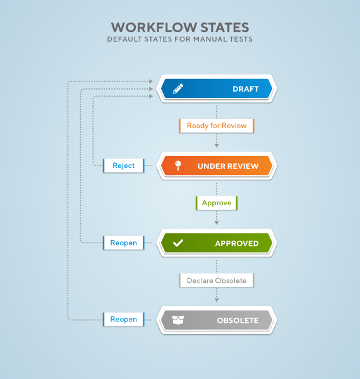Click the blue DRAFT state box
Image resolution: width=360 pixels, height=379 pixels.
coord(217,88)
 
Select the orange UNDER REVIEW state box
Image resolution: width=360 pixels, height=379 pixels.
coord(217,165)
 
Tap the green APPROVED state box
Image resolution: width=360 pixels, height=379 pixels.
coord(217,243)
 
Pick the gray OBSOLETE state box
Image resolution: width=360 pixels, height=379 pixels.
coord(217,320)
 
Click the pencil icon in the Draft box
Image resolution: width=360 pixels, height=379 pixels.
coord(178,88)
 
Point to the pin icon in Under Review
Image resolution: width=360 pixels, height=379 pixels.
coord(178,165)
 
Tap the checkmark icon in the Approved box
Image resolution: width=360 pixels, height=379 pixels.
coord(178,243)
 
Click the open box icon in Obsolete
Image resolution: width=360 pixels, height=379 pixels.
coord(178,320)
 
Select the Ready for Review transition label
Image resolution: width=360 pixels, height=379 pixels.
coord(217,126)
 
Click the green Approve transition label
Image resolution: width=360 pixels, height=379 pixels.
coord(217,203)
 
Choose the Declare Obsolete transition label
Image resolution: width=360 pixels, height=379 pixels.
coord(217,280)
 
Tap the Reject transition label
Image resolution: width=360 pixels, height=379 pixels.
coord(123,165)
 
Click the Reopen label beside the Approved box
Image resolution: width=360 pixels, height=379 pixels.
coord(123,243)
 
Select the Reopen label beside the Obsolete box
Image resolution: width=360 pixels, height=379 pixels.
coord(123,319)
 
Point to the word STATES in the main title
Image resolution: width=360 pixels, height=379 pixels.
coord(225,27)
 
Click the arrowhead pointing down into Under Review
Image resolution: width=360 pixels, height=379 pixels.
coord(217,146)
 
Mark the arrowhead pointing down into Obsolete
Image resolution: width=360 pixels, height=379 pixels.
coord(217,300)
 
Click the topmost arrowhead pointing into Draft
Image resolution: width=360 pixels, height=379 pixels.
coord(151,81)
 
